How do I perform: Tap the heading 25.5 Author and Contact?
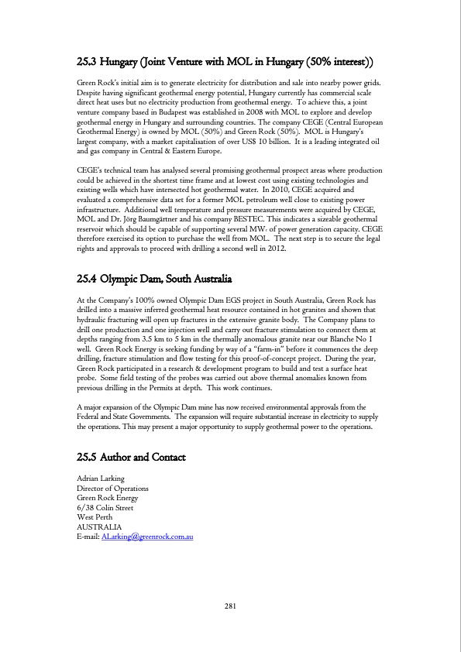click(x=131, y=458)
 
